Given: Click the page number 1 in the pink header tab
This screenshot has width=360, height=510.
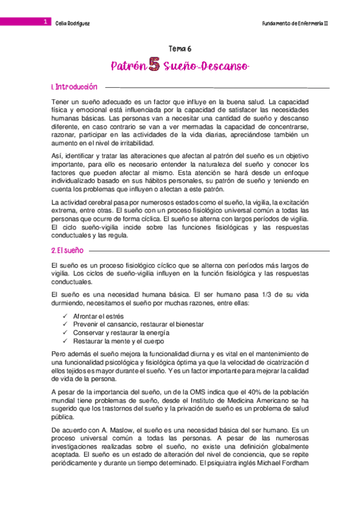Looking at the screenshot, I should [x=45, y=22].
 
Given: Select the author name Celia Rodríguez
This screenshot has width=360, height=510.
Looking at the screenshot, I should [x=72, y=22].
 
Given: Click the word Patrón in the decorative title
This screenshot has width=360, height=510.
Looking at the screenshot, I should [x=129, y=66].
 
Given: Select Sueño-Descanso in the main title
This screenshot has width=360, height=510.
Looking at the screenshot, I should [x=206, y=66].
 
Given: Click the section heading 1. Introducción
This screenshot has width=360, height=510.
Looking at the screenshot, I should [x=75, y=87].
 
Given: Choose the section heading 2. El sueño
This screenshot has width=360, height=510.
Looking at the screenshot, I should [x=68, y=249].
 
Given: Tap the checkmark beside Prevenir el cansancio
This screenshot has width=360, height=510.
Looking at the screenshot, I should [x=64, y=324].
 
